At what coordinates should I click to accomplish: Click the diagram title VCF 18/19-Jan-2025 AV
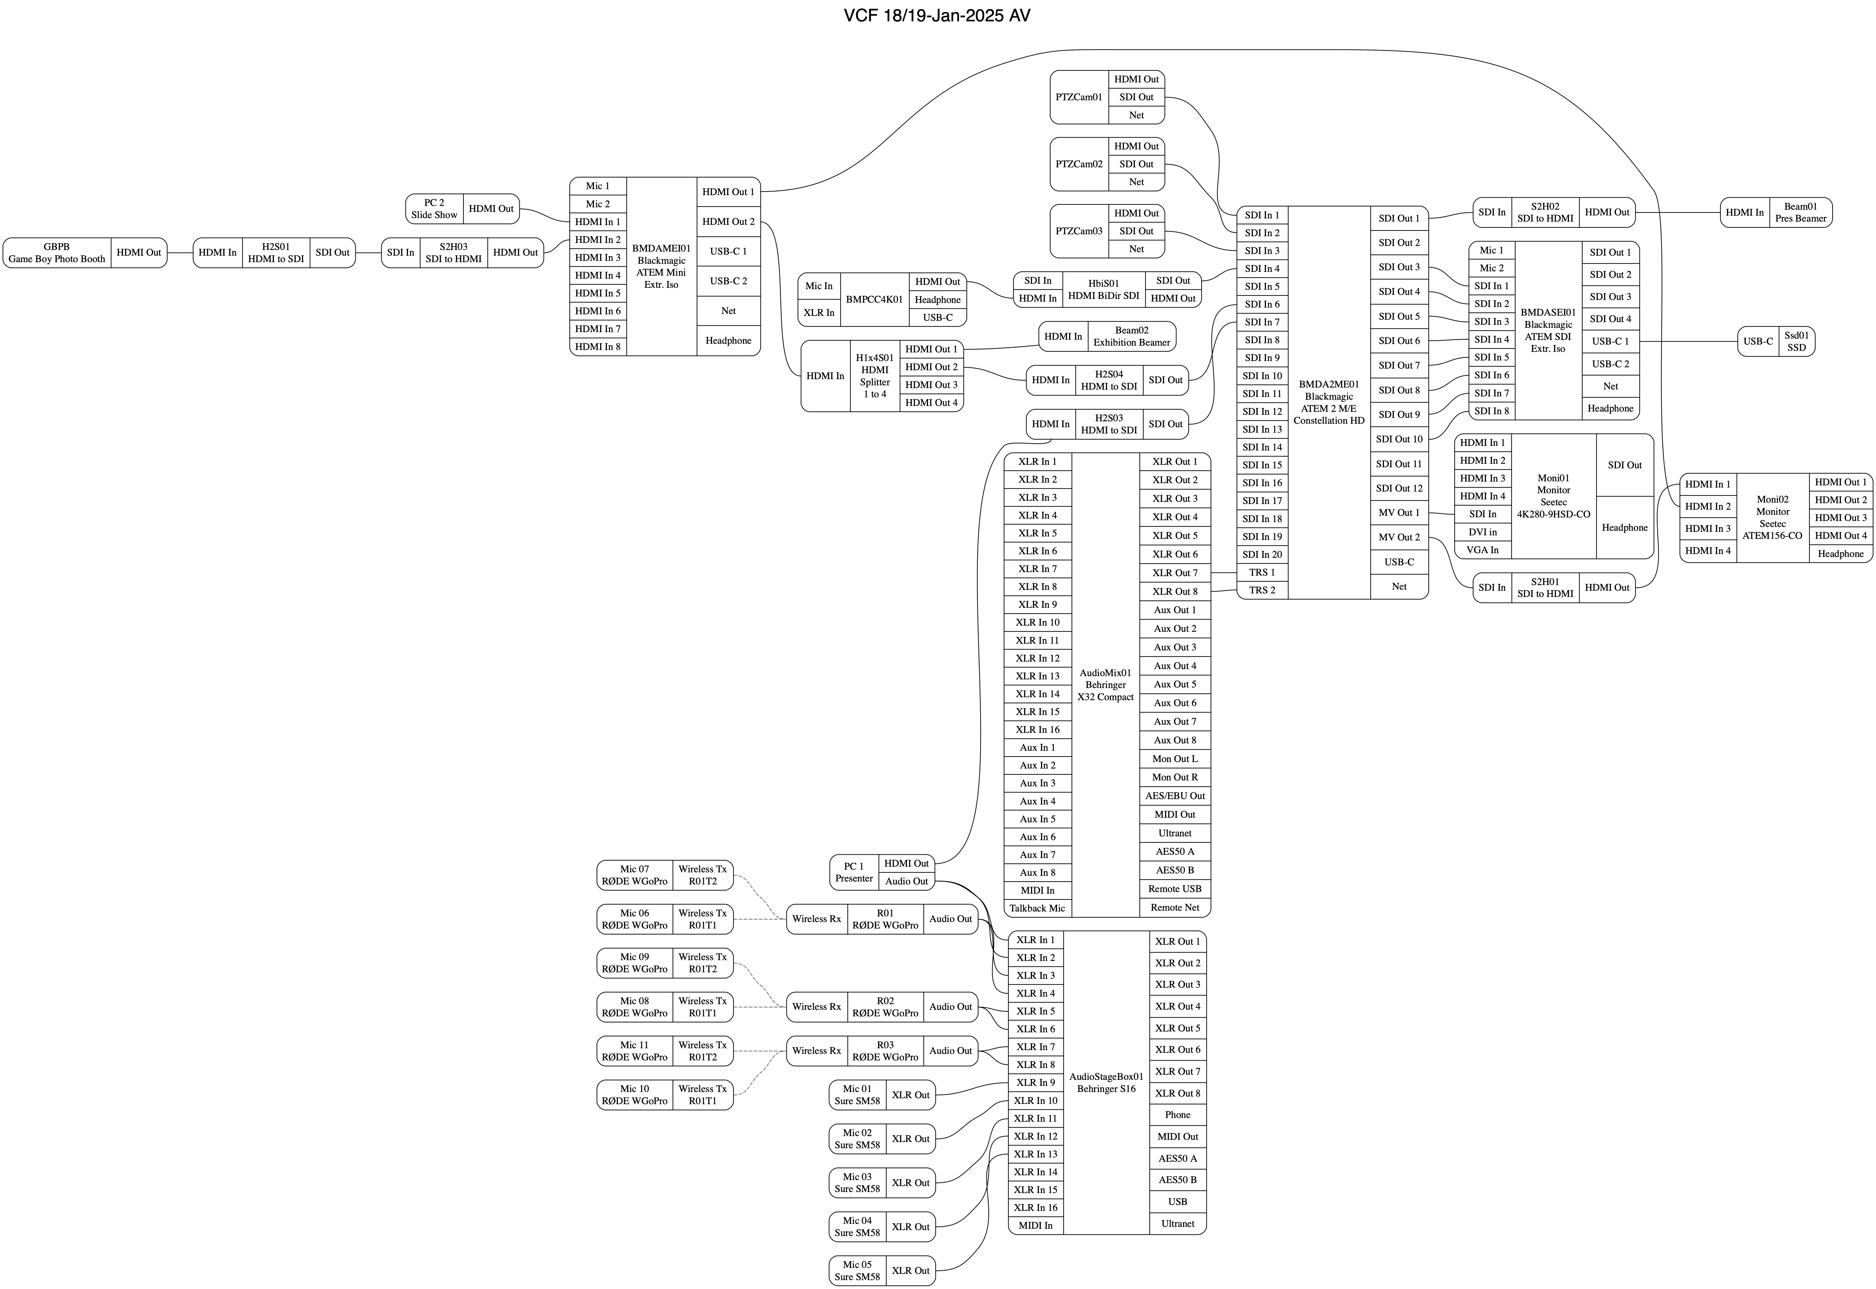click(937, 15)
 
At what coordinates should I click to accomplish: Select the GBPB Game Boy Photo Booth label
click(56, 253)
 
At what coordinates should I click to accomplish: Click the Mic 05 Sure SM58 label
click(857, 1270)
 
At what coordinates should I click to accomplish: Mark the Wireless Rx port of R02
click(817, 1007)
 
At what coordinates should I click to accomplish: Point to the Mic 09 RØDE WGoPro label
click(634, 963)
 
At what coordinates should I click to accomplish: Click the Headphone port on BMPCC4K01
click(937, 300)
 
